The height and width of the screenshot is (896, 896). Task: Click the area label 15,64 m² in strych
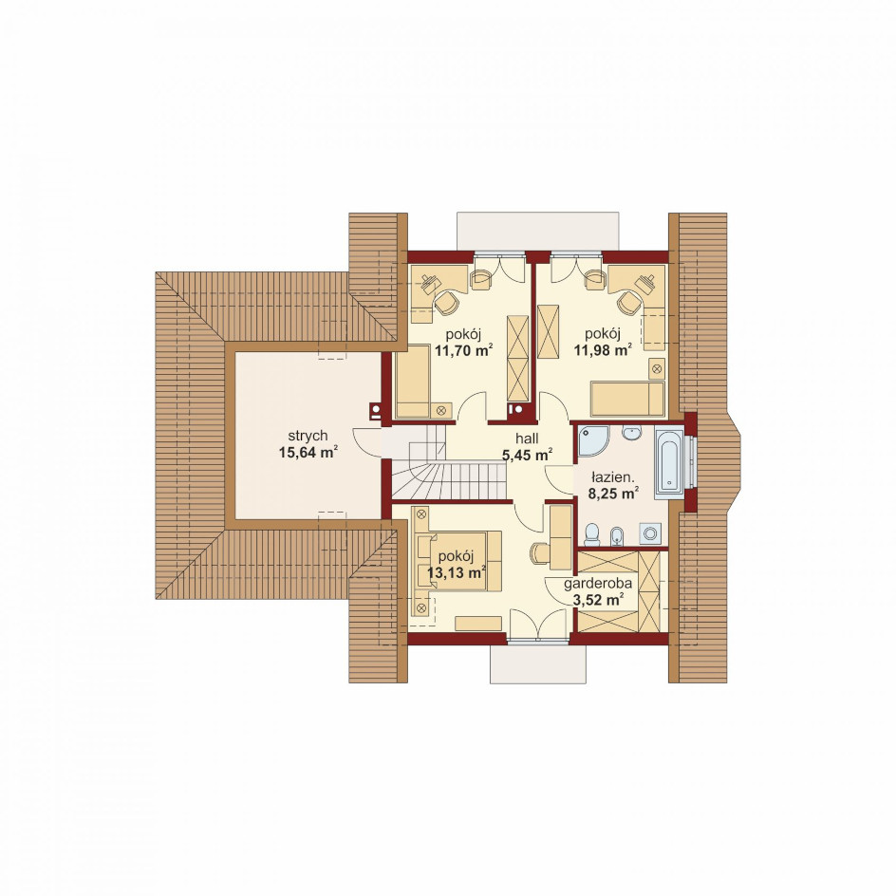308,453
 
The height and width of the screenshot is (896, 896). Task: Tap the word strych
308,436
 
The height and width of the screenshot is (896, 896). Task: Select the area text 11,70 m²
463,350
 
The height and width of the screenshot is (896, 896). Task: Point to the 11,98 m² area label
604,350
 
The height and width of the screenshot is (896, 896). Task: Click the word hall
527,439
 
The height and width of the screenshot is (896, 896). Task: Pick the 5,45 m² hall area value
527,455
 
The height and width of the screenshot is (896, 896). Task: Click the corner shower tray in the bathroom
592,440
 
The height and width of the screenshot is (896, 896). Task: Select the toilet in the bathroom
591,534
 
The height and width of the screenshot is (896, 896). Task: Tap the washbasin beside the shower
631,433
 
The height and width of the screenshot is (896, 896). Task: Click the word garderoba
598,584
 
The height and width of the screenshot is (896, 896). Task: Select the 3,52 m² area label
598,600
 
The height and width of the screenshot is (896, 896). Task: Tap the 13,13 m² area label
457,572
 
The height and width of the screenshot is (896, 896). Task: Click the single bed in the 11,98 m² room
627,399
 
